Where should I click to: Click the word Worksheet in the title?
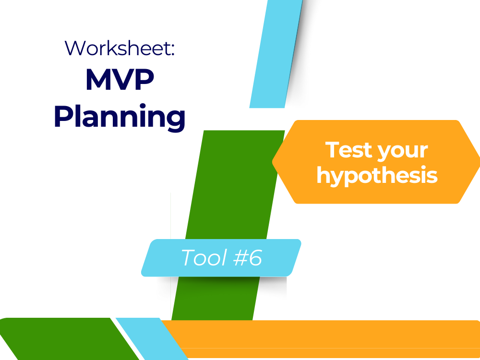(x=117, y=48)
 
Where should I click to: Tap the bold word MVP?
(x=120, y=80)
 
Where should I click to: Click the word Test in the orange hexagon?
(x=349, y=150)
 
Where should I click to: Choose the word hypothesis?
(x=377, y=175)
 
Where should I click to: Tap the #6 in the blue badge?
(x=248, y=257)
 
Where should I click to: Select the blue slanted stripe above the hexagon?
(x=276, y=54)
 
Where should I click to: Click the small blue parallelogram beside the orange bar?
(x=152, y=339)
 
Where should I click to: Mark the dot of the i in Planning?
(x=143, y=106)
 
